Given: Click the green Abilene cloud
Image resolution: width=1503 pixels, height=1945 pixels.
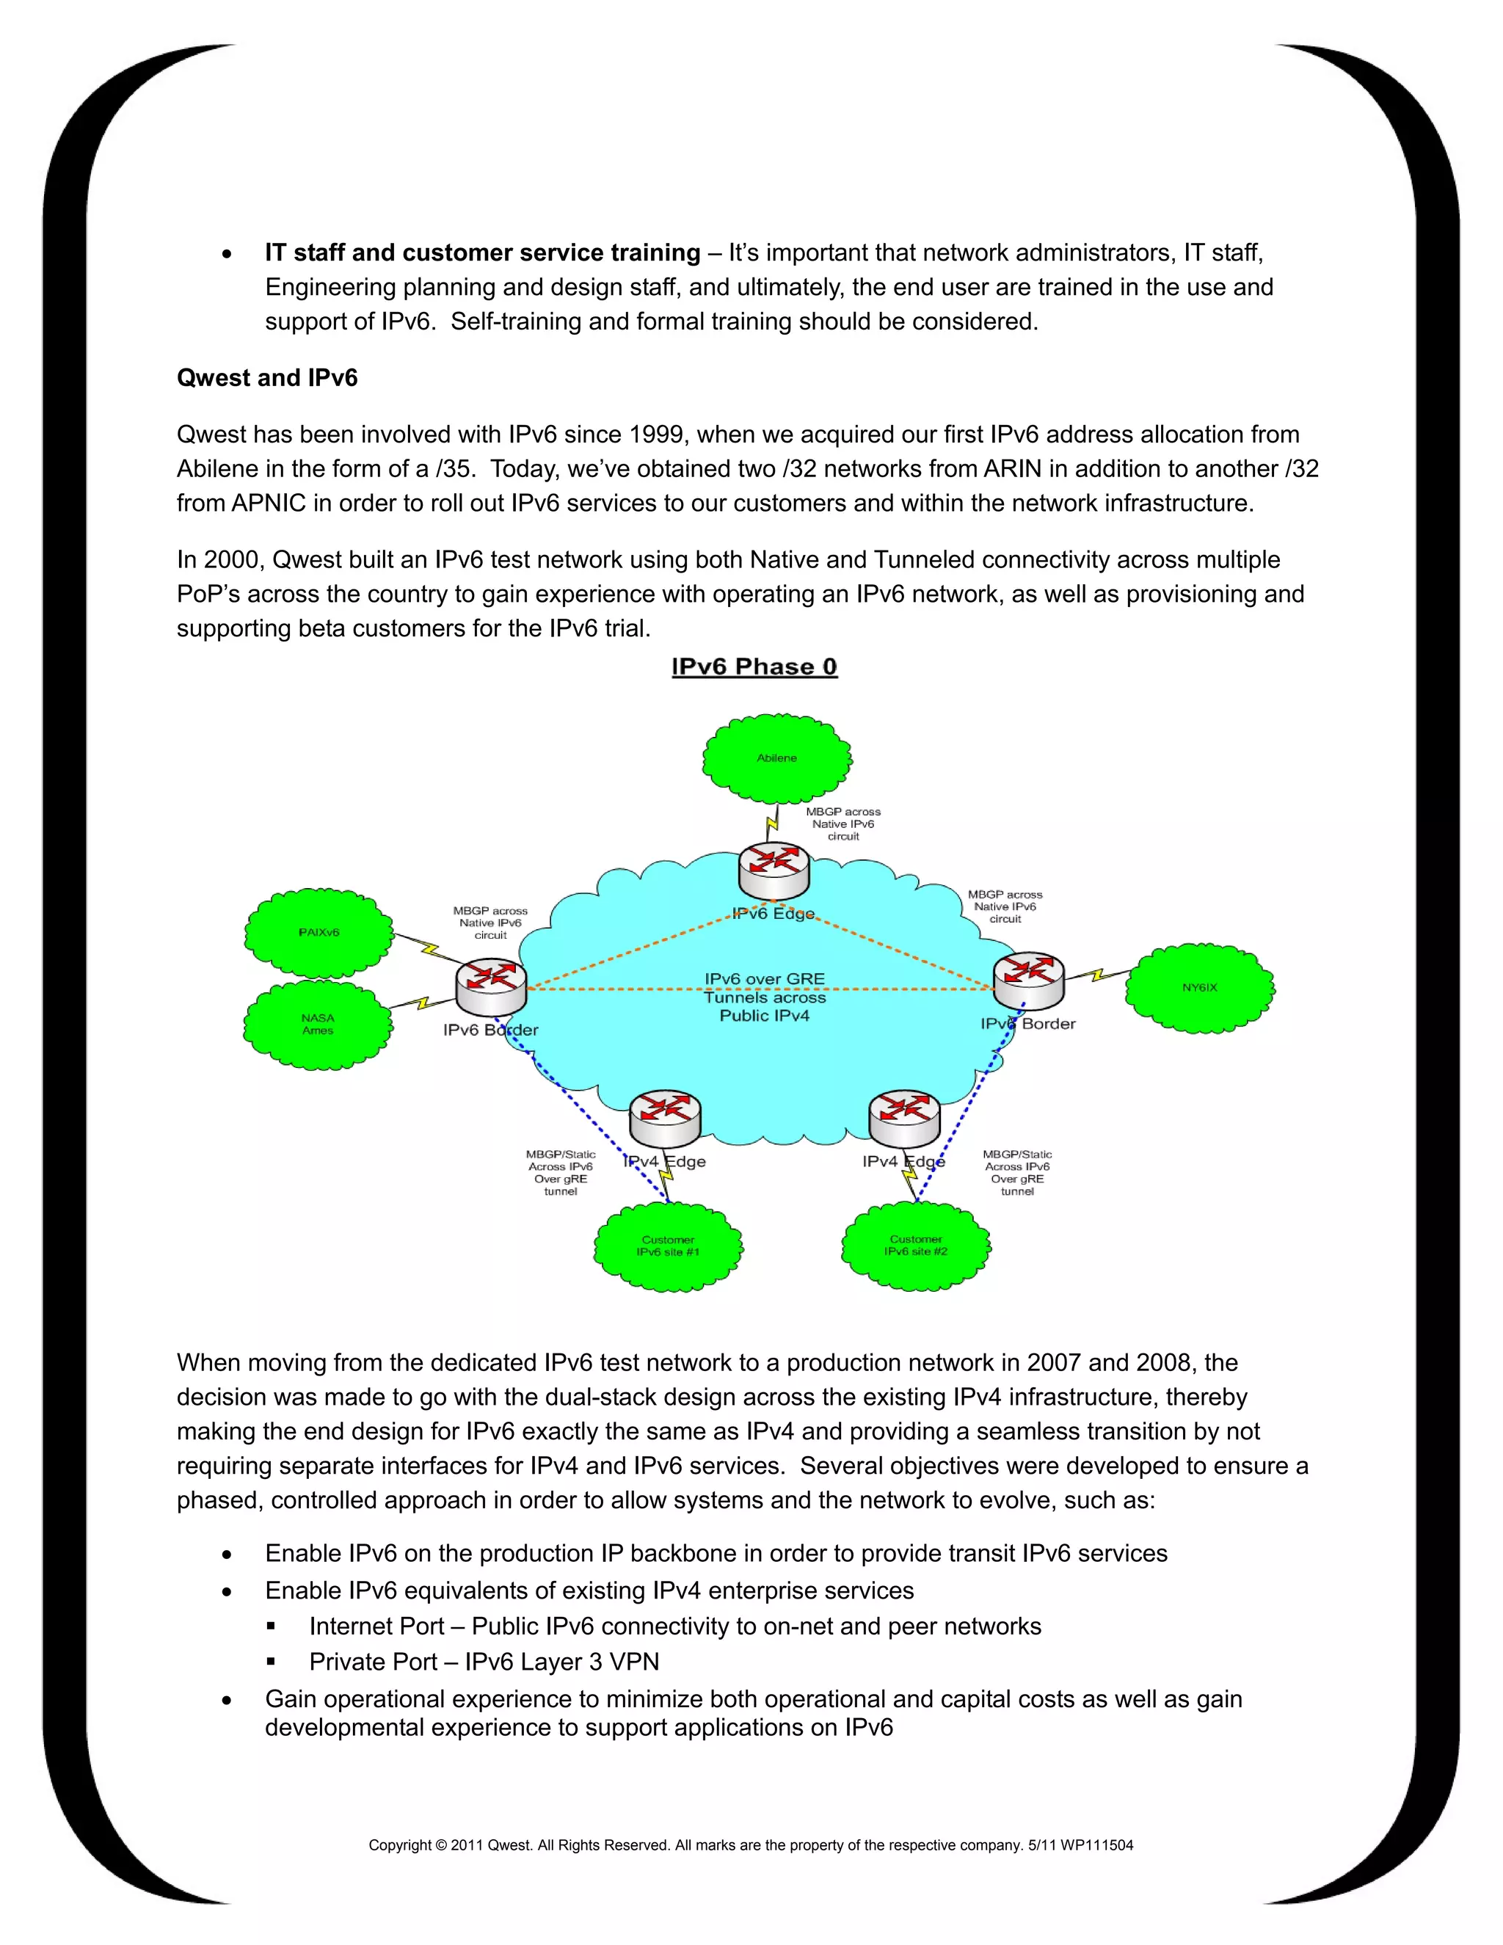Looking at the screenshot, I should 776,758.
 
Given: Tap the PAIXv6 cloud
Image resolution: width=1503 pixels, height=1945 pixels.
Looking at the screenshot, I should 319,932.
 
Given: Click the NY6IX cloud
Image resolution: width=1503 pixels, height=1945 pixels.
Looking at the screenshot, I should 1199,988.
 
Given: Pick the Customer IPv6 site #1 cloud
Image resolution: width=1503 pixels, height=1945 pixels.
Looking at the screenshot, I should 668,1246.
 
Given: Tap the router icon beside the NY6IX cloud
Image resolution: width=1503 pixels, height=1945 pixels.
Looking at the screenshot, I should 1028,980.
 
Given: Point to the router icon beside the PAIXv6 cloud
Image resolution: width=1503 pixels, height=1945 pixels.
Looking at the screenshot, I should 491,986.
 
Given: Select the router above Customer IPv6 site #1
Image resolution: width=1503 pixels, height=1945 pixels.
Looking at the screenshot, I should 664,1119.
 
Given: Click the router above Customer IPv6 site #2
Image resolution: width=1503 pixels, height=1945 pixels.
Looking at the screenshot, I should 903,1118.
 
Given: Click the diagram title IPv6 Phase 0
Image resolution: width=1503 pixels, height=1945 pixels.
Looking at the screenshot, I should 754,666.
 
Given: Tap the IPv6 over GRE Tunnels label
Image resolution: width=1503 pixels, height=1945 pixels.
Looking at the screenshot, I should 765,997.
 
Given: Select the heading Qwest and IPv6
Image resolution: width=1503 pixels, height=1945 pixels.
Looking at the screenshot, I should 267,377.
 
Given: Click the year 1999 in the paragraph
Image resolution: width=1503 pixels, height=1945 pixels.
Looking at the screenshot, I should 659,435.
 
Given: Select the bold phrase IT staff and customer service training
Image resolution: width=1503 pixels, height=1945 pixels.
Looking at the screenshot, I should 483,253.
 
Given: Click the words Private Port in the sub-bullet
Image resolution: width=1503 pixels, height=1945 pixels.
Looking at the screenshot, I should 373,1662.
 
